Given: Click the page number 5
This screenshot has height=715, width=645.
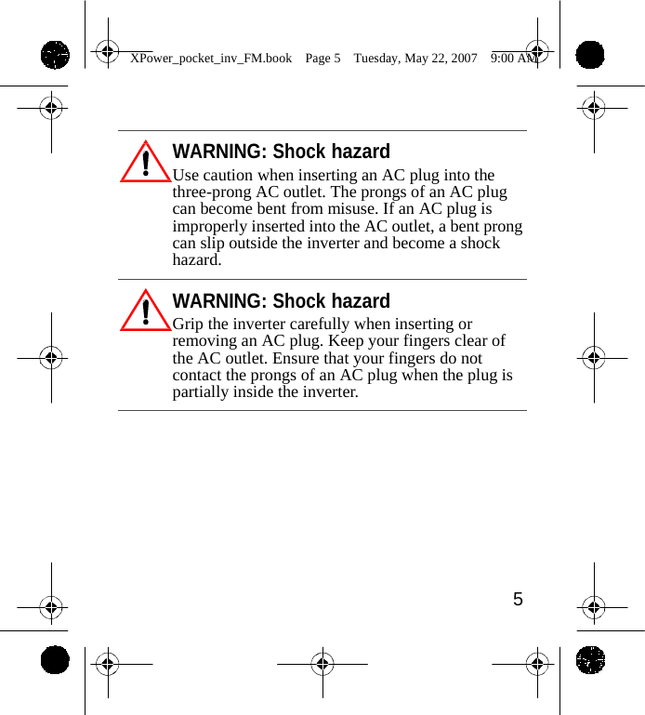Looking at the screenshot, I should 518,600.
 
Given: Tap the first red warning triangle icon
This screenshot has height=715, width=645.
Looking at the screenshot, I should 146,163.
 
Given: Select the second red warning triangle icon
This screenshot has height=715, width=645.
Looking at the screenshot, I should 146,311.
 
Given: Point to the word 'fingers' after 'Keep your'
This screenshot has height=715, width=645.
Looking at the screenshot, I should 431,341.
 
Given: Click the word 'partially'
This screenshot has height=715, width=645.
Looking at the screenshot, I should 201,392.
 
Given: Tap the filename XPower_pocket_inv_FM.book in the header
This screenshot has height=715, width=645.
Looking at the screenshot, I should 211,58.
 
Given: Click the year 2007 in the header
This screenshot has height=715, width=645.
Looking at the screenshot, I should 462,58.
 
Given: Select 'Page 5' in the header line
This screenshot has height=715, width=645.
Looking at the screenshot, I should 322,58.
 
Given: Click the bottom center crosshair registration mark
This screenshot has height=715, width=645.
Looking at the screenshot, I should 322,664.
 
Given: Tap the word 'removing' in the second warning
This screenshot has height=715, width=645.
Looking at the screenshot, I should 204,341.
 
